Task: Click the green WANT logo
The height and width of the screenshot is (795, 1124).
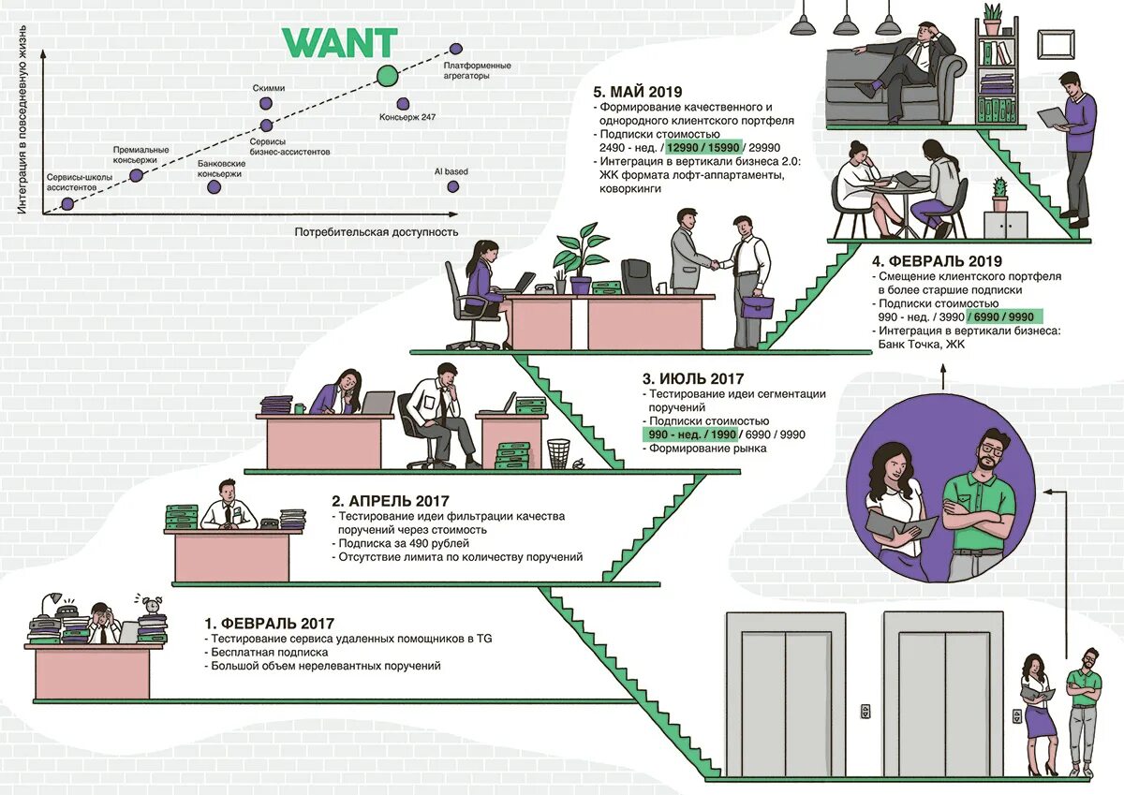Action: click(341, 43)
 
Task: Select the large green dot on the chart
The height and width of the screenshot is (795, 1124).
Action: click(387, 77)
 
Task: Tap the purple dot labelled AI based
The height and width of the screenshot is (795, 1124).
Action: click(453, 186)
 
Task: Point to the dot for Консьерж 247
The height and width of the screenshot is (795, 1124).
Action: click(403, 104)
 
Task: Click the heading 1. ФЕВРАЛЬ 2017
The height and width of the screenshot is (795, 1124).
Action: click(269, 623)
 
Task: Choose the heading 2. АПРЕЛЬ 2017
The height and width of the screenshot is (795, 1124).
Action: click(391, 500)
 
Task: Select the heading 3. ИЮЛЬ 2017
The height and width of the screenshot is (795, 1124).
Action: click(693, 379)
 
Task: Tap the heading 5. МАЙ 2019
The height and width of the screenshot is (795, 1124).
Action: click(638, 92)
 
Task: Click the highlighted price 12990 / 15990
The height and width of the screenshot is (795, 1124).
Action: click(704, 147)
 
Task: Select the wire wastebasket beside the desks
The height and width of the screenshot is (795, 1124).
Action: click(558, 453)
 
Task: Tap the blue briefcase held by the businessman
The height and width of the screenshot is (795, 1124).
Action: click(757, 306)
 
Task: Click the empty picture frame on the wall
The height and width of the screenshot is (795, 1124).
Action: click(1054, 43)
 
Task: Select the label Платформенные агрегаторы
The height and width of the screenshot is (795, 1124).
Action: click(477, 70)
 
